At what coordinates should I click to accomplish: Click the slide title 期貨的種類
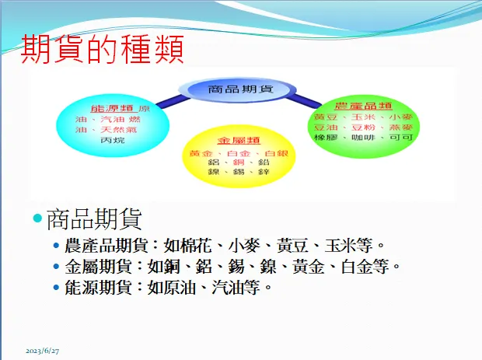pos(101,50)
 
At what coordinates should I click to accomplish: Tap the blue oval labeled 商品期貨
pos(239,89)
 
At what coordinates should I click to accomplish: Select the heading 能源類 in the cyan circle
pos(111,107)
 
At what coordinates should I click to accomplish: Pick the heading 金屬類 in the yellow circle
pos(234,141)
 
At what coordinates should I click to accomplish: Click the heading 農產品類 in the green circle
pos(362,105)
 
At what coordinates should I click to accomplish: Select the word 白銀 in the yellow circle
pos(276,153)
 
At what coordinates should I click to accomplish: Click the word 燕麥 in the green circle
pos(402,126)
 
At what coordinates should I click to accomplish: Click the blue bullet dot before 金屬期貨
pos(55,267)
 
